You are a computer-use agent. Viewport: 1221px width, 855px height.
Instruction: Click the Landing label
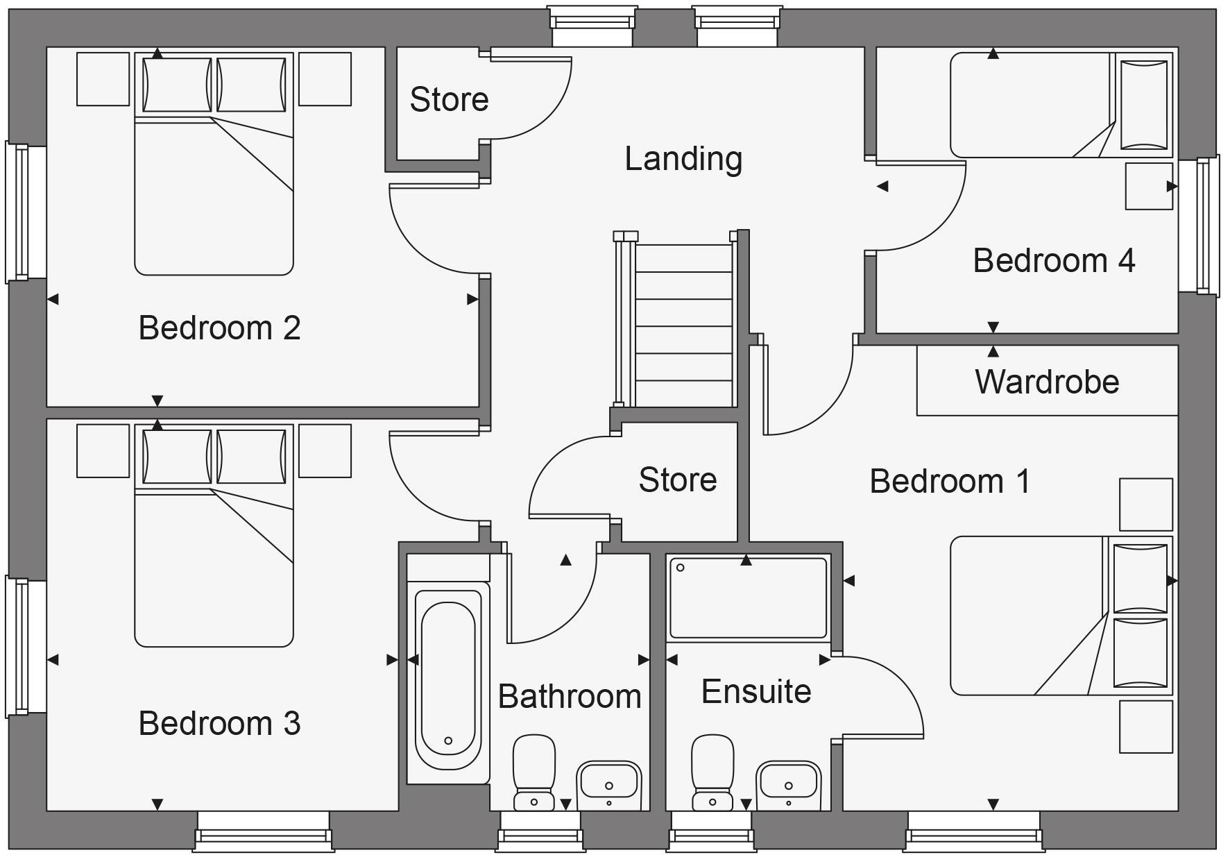[683, 159]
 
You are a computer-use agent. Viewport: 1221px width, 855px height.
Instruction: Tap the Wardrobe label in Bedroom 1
[1047, 382]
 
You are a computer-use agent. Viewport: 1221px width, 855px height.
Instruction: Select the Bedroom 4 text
[1053, 261]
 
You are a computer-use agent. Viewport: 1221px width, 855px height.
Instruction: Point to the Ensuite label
[756, 692]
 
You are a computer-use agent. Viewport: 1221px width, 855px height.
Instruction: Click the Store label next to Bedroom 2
[449, 99]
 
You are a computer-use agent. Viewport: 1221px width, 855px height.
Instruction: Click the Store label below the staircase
[677, 480]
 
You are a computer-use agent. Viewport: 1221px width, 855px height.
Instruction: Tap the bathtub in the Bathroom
[448, 680]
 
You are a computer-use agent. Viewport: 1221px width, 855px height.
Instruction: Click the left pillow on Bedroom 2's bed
[177, 85]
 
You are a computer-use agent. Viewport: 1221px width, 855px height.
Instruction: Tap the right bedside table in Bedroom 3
[325, 451]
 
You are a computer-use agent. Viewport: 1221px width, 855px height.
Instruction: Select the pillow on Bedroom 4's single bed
[1143, 105]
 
